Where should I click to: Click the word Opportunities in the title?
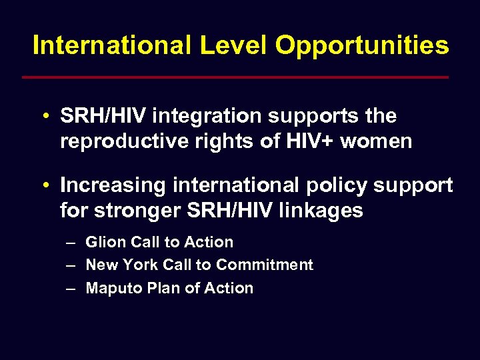tap(362, 46)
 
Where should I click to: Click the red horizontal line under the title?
tap(235, 77)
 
